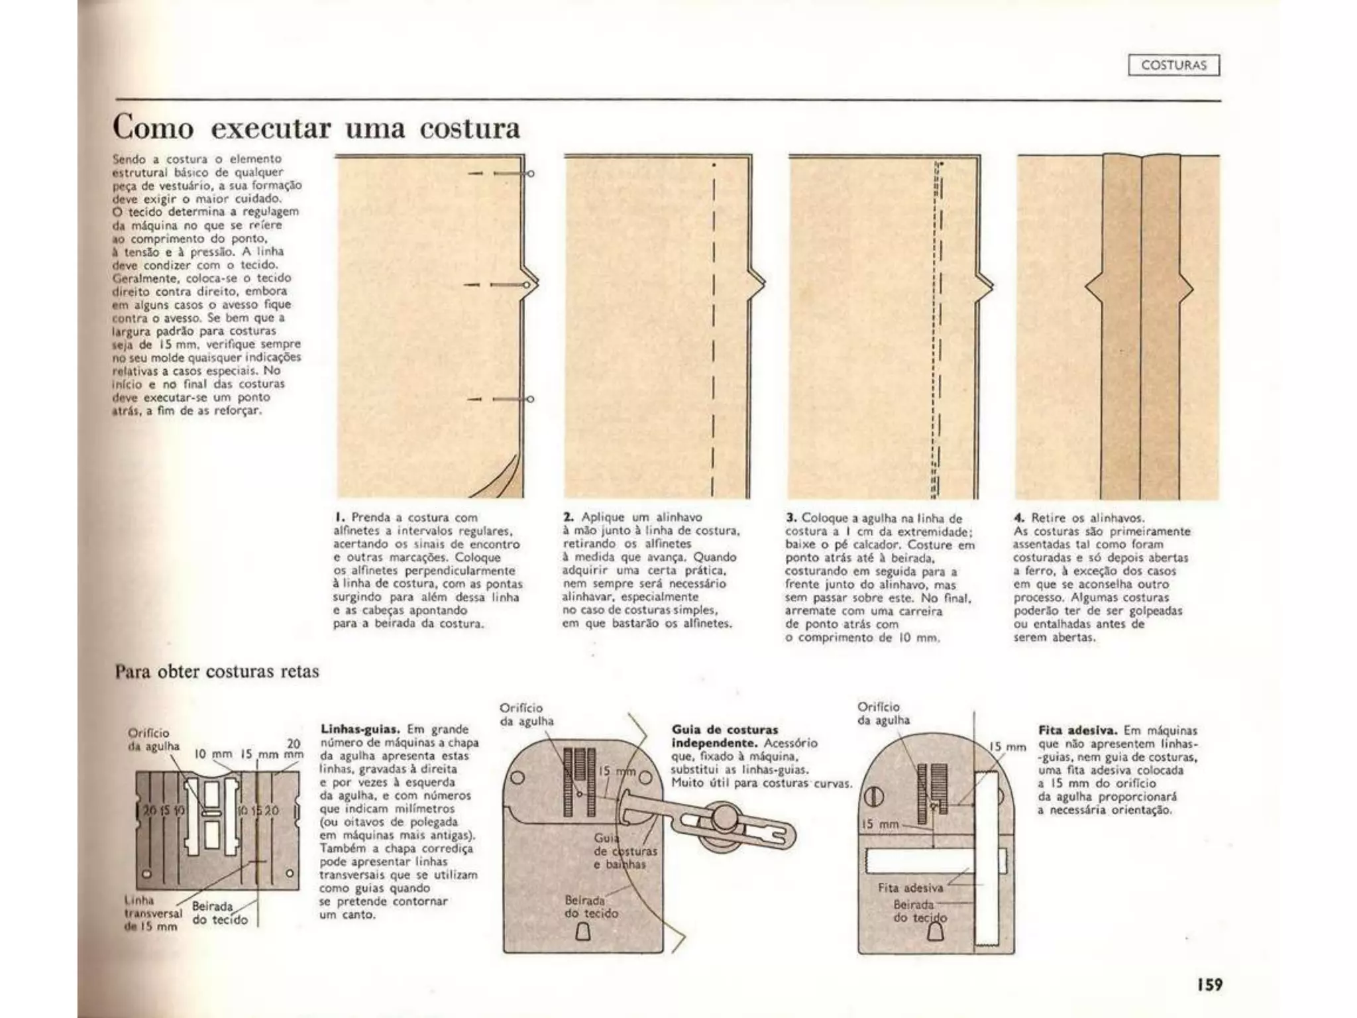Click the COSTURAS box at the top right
point(1173,66)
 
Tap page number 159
point(1209,984)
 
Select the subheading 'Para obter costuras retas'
point(217,671)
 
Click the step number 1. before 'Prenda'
point(339,517)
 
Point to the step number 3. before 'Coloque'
point(791,517)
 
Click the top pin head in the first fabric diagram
point(530,174)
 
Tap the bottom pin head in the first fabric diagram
point(530,399)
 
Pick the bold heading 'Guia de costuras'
point(725,730)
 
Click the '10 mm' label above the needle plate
point(213,754)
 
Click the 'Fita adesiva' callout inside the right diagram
point(910,887)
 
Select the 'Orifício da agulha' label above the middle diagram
point(527,714)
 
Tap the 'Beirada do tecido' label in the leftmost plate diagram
point(219,913)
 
